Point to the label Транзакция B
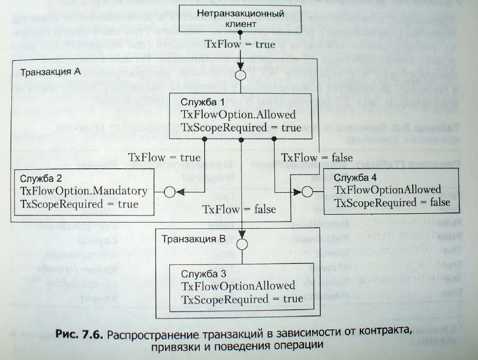pyautogui.click(x=193, y=239)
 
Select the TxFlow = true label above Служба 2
pyautogui.click(x=164, y=157)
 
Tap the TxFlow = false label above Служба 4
pyautogui.click(x=317, y=157)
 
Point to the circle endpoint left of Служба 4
pyautogui.click(x=306, y=192)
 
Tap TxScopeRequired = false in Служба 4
pyautogui.click(x=392, y=202)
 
